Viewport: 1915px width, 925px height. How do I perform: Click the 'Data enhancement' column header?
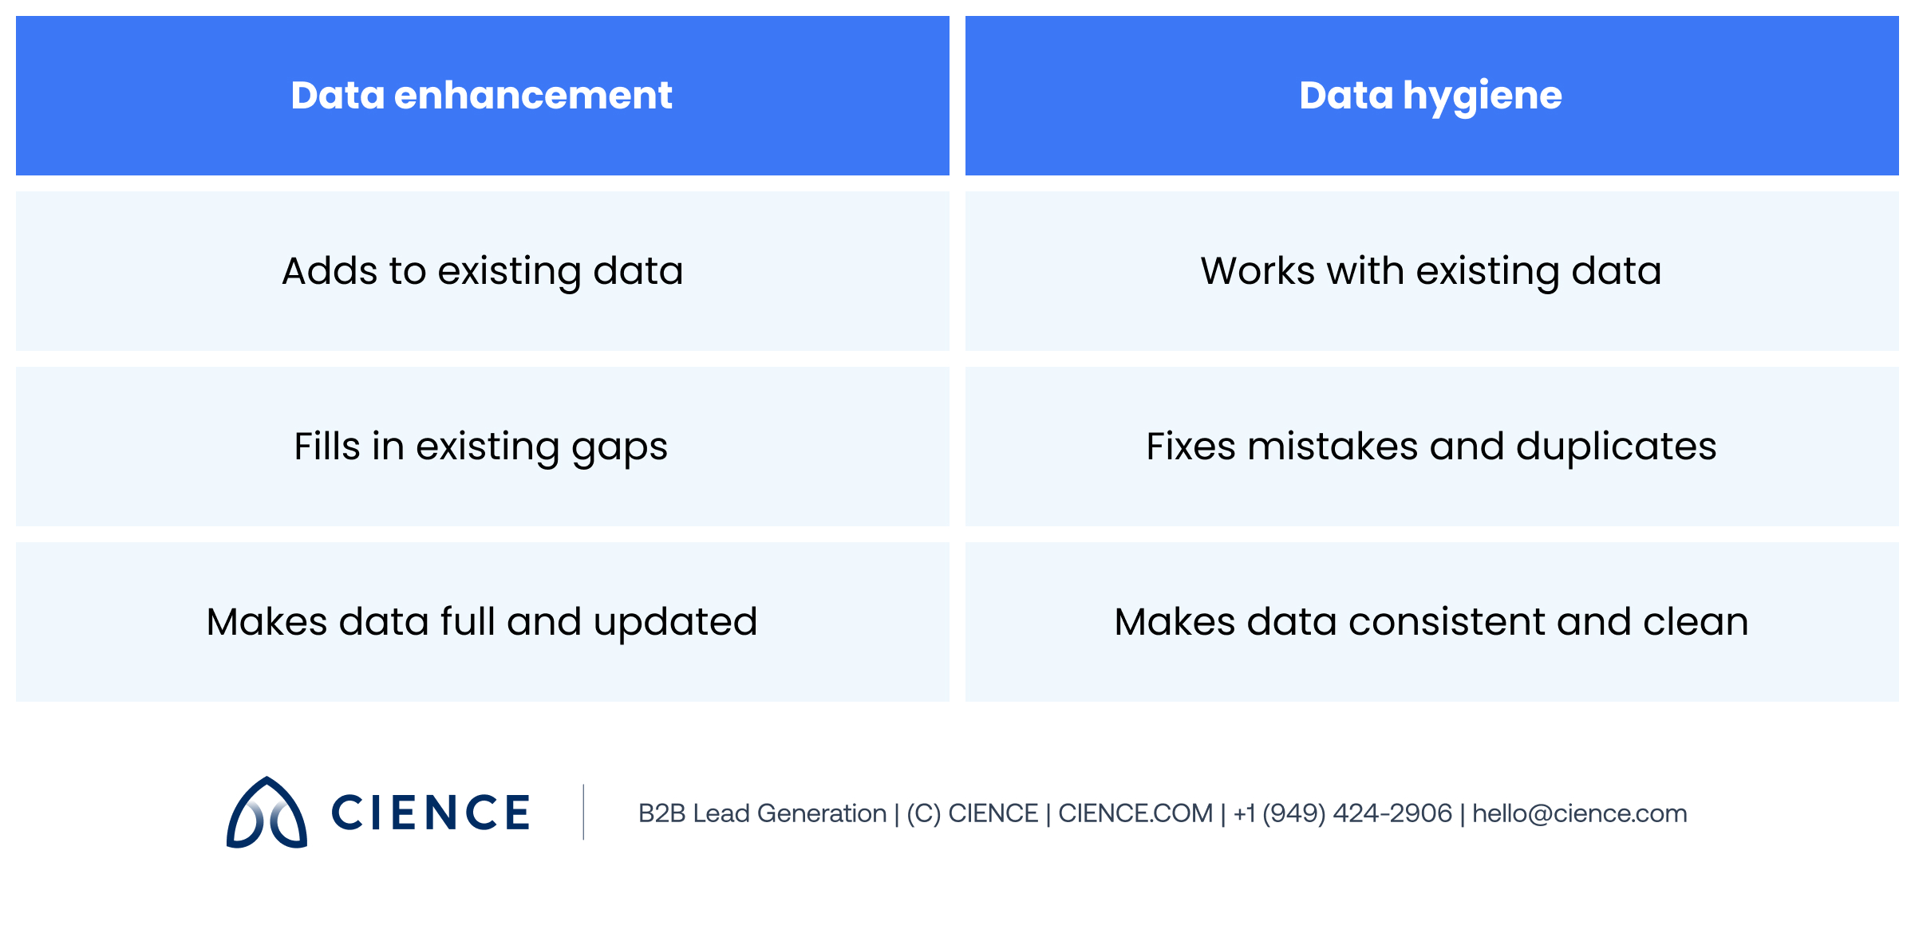(482, 96)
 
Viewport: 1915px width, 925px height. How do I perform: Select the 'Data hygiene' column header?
(1431, 96)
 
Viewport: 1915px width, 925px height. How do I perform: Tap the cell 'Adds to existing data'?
(482, 271)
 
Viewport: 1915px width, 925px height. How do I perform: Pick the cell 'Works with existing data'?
(1431, 271)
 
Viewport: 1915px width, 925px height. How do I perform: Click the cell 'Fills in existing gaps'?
(482, 447)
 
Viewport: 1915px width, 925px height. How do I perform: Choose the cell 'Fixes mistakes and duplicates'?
(1431, 447)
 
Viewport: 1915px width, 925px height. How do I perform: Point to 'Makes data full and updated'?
(482, 622)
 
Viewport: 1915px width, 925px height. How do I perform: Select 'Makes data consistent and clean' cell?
(1431, 622)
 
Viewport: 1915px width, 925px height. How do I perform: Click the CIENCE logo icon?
(267, 813)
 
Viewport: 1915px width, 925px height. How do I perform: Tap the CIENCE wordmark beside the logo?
(431, 813)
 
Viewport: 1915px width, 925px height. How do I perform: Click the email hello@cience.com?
(1579, 813)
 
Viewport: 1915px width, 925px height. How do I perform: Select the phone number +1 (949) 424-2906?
(1343, 813)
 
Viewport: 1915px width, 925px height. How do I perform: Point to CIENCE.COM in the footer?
(1135, 813)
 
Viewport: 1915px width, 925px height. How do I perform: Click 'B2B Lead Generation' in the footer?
(762, 813)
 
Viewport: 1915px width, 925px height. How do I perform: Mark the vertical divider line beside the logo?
(583, 812)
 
